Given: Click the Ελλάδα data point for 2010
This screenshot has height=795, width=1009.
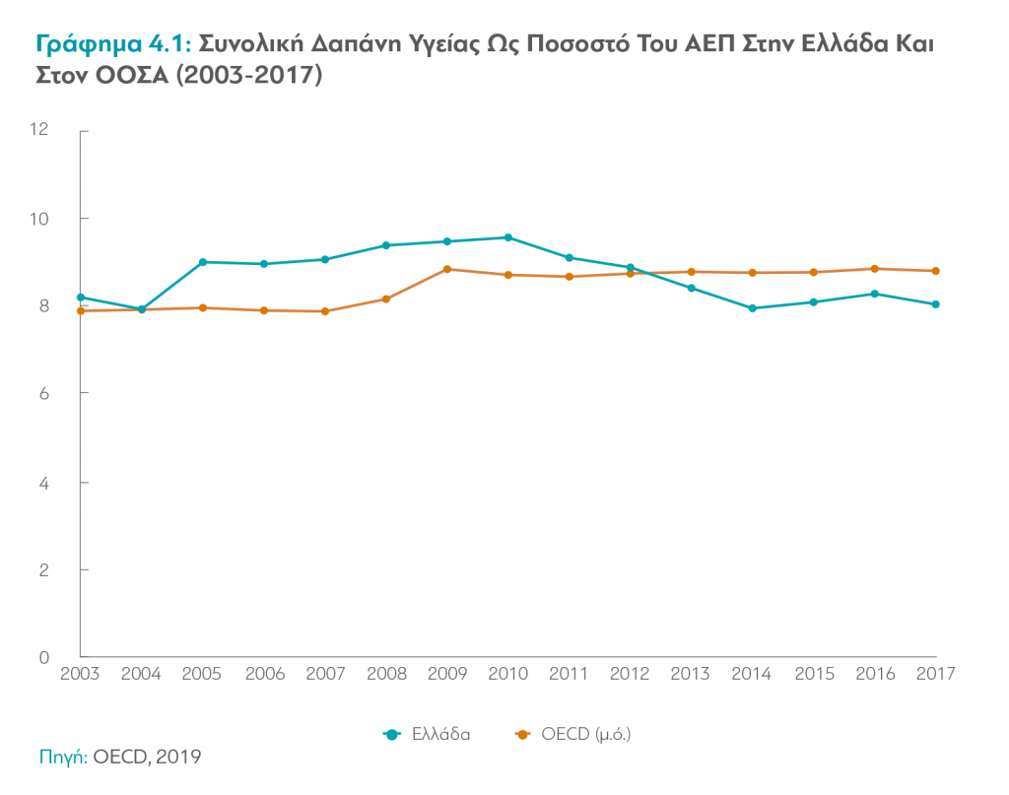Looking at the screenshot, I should click(x=508, y=237).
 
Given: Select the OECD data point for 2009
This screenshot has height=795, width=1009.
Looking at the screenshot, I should click(x=447, y=269).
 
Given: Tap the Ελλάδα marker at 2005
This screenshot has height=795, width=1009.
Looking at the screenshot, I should click(x=203, y=262).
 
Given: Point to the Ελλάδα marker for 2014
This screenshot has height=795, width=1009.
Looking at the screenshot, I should click(x=753, y=308).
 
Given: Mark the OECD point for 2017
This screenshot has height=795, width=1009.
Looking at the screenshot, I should click(x=935, y=271).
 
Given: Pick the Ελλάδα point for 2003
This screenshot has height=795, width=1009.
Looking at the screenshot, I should click(x=81, y=298).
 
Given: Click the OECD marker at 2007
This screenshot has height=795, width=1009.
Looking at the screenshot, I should click(x=325, y=311).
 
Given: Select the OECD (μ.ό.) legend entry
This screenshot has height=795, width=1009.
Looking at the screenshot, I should click(x=572, y=734).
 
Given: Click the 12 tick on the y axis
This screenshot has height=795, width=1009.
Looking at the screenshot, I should click(x=39, y=130).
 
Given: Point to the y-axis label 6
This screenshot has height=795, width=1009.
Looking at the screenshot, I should click(x=44, y=393).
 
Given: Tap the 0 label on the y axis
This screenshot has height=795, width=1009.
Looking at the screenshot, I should click(x=44, y=657).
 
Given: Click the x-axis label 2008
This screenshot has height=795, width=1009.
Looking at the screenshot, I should click(x=386, y=674).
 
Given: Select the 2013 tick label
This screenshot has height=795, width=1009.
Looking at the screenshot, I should click(x=691, y=674).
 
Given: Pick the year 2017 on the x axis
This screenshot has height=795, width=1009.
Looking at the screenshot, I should click(x=934, y=674).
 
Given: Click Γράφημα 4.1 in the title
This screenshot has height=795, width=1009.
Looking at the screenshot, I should click(x=113, y=45).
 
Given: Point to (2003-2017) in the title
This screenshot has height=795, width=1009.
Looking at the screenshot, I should click(x=249, y=76).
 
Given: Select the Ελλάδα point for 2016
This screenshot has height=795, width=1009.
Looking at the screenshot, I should click(x=874, y=294).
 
